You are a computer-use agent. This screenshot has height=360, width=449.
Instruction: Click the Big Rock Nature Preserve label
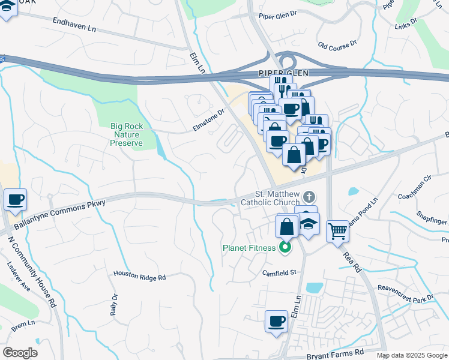pos(126,134)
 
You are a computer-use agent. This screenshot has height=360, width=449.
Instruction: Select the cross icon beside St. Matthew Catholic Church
pos(309,196)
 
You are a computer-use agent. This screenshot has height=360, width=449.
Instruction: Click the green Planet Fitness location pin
pos(286,247)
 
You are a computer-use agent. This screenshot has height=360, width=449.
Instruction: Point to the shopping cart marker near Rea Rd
pos(338,230)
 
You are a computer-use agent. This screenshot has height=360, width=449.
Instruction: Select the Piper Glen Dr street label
pos(277,16)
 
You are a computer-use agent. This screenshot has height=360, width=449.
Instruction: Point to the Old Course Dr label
pos(337,45)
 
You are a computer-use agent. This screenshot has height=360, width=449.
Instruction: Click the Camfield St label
pos(279,272)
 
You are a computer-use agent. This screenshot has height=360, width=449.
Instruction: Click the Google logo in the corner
pos(20,353)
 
